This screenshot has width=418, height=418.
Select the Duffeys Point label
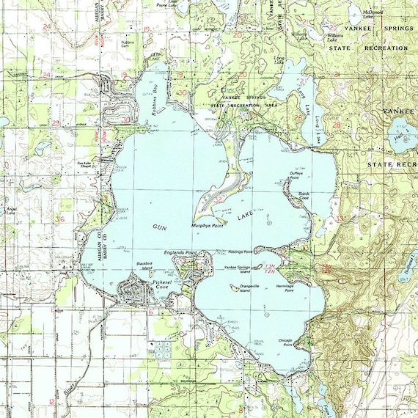[296, 177]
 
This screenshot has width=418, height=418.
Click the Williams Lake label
[335, 36]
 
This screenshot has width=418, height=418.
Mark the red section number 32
[219, 199]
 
